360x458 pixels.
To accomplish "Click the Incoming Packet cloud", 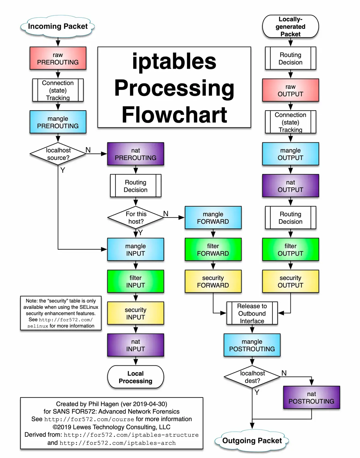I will [58, 26].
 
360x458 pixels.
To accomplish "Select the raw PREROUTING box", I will [58, 58].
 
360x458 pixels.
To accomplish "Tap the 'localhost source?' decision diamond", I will [58, 154].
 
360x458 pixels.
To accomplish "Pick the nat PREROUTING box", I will [136, 154].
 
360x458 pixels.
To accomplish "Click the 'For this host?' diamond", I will [136, 218].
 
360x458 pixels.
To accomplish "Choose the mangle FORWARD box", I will [213, 218].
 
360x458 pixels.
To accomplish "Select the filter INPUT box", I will [136, 281].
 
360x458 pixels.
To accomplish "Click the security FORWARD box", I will [213, 281].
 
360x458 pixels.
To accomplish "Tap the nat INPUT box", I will [136, 345].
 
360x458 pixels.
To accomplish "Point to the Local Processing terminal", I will [136, 377].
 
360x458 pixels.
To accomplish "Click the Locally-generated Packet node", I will [290, 27].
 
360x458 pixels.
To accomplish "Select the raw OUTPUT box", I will [290, 90].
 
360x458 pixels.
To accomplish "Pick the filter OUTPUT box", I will [290, 250].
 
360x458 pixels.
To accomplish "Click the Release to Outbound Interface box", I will [252, 314].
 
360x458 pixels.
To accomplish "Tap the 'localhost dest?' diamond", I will [252, 377].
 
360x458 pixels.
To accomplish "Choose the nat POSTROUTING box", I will [311, 397].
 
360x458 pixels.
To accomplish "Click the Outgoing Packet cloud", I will [252, 441].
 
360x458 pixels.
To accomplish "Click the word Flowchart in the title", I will [174, 115].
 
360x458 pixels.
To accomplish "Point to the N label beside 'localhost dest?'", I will [284, 373].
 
